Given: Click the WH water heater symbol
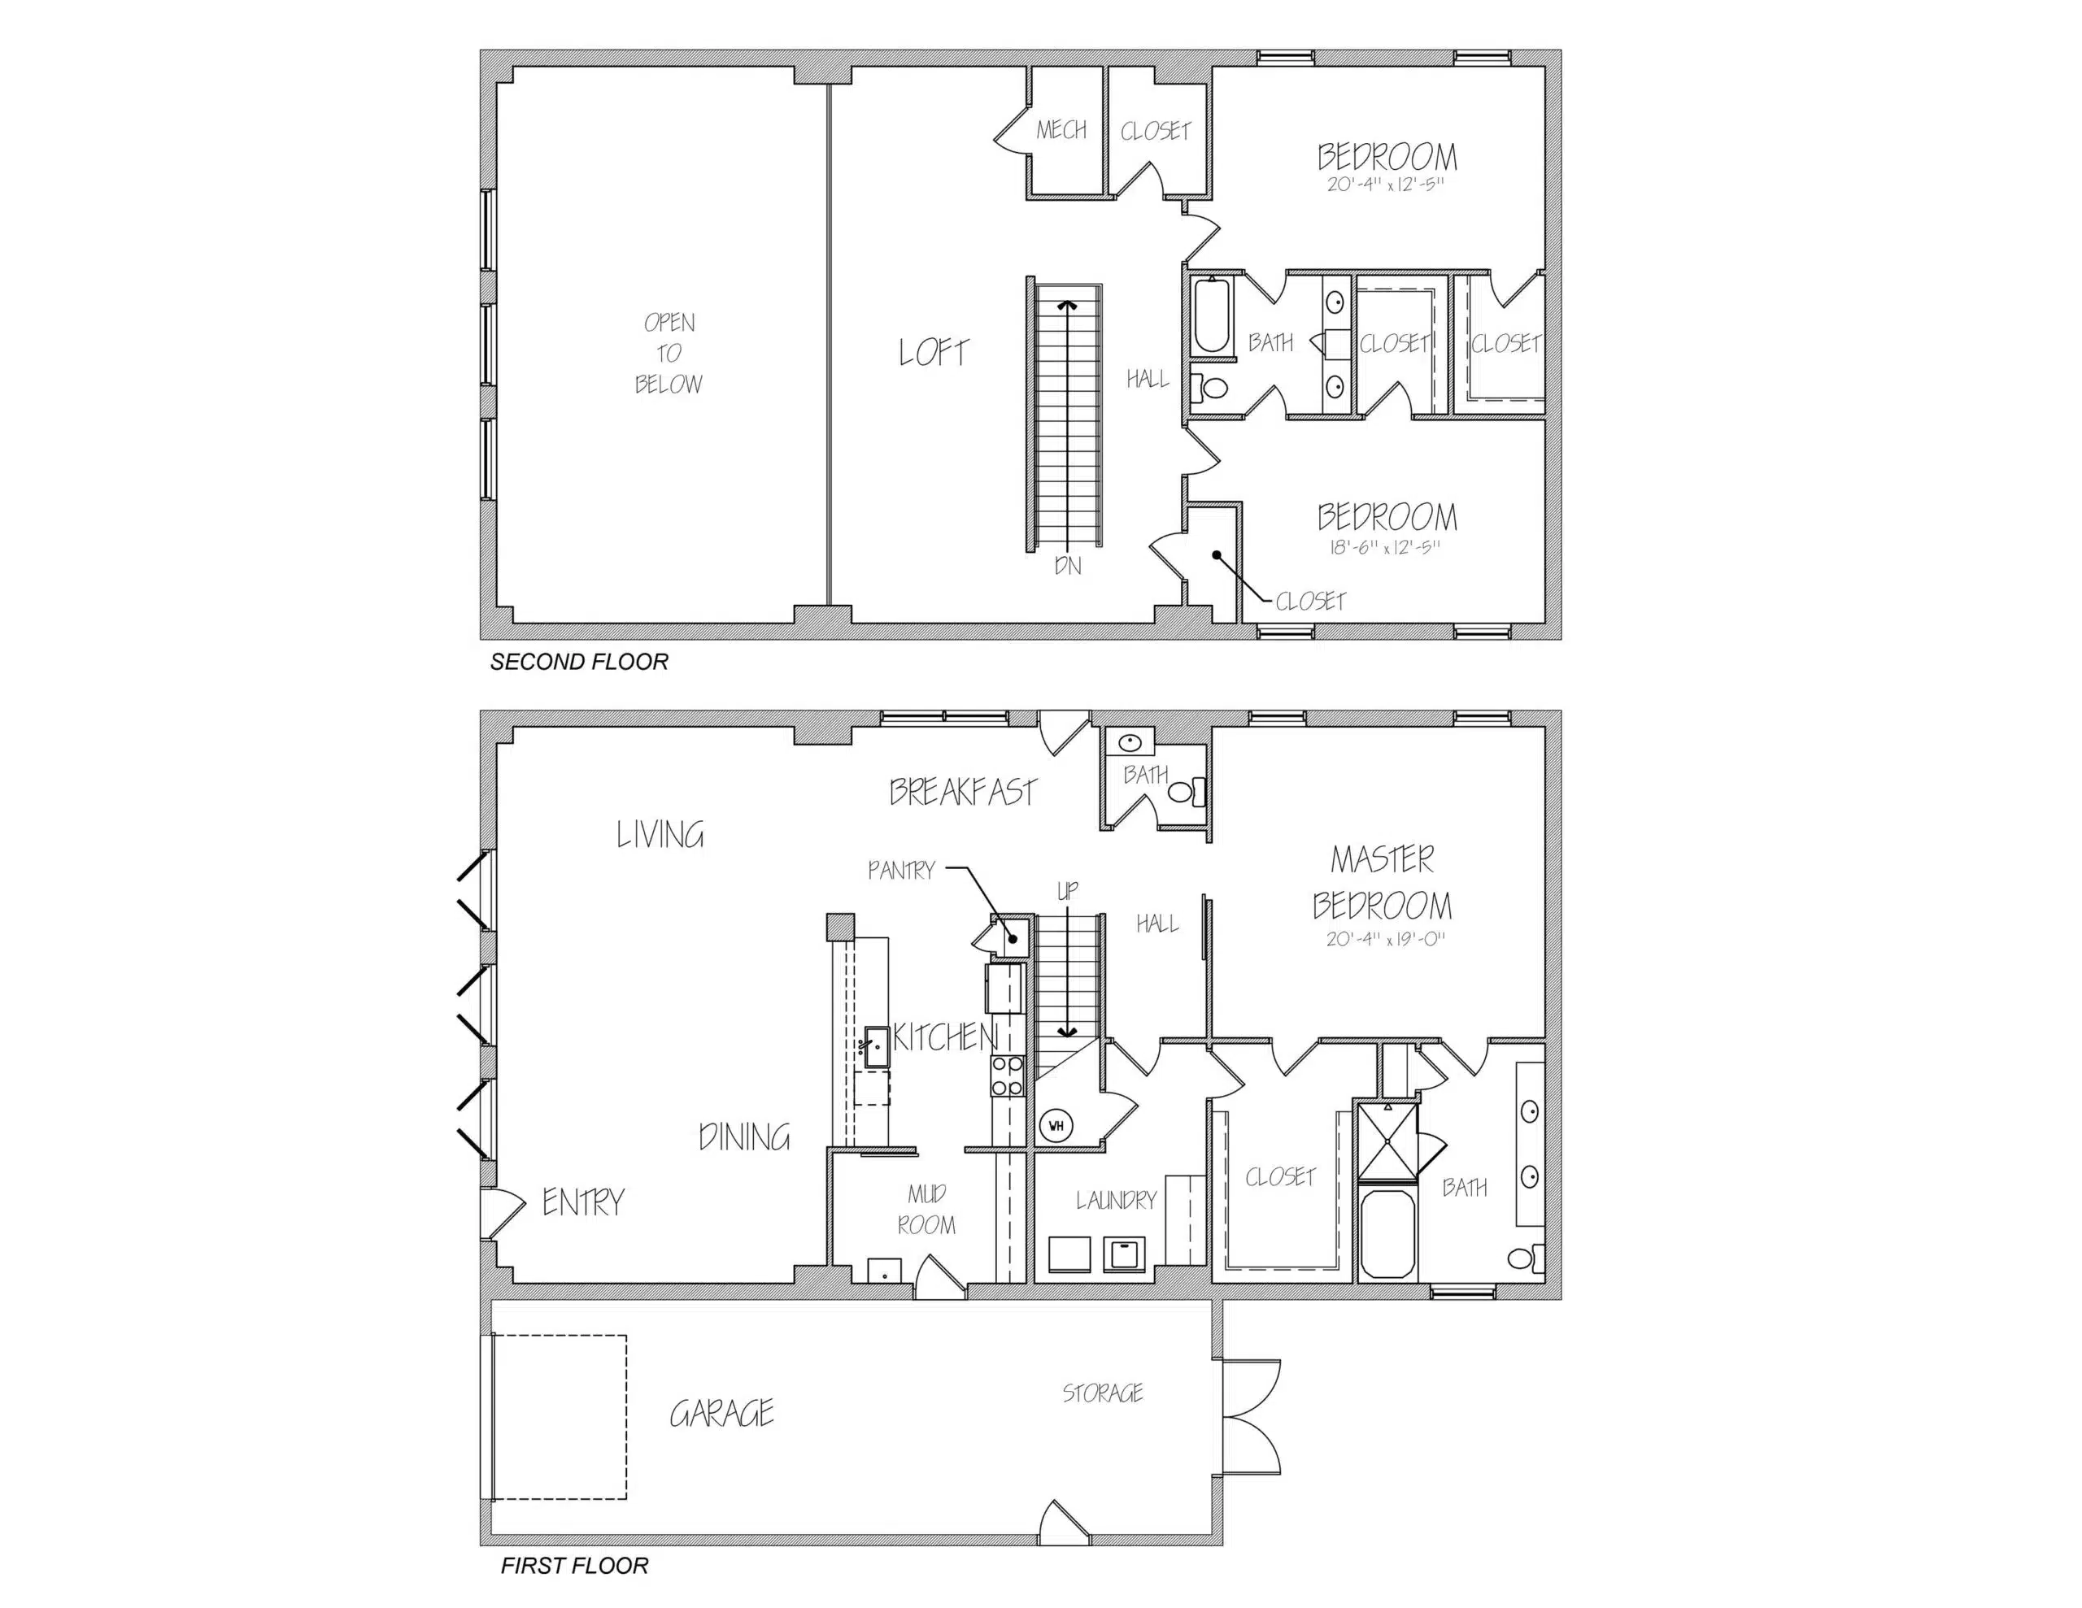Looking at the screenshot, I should [x=1056, y=1126].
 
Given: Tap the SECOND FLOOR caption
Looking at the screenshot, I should [x=579, y=662].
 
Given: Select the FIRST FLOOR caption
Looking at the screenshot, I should [x=574, y=1565].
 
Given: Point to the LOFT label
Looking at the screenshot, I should [x=934, y=353].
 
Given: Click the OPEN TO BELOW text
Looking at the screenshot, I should [x=669, y=353].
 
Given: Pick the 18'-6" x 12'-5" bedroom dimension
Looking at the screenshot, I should [x=1384, y=547].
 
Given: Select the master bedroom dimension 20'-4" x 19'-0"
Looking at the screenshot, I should [x=1385, y=939].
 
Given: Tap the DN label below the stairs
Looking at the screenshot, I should [x=1068, y=565].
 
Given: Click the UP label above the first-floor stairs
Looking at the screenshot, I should [x=1068, y=890].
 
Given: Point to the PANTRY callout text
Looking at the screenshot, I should [x=901, y=870].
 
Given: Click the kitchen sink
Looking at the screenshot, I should [x=876, y=1046].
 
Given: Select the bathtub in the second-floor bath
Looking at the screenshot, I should [x=1213, y=315].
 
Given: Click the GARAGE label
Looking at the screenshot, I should [x=721, y=1413].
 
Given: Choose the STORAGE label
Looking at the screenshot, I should [x=1103, y=1393].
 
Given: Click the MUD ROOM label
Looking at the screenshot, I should [x=926, y=1209].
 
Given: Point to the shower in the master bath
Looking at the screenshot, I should [x=1387, y=1141].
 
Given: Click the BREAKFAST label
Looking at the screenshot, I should [x=962, y=791].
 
